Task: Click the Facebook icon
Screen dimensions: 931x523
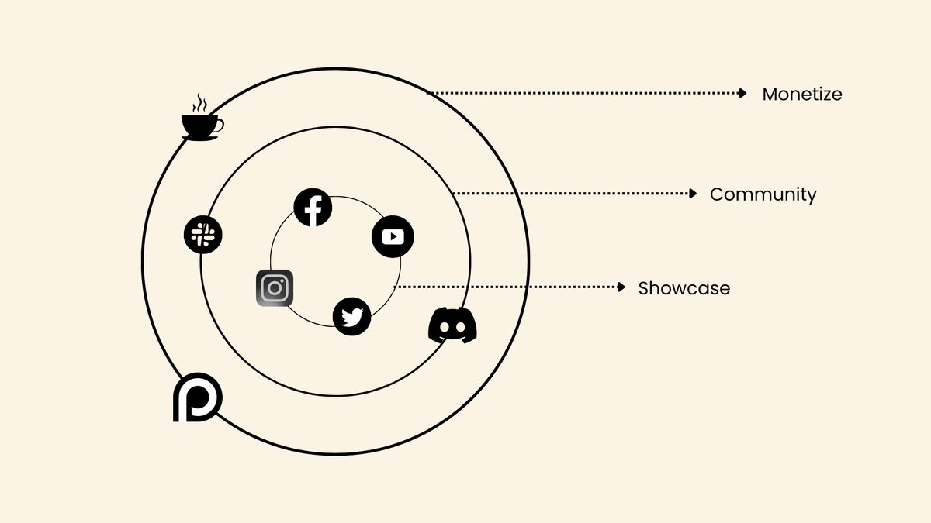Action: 313,207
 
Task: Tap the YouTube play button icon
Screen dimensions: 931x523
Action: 393,236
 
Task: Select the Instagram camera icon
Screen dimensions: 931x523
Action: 274,288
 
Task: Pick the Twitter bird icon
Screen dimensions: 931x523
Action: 351,317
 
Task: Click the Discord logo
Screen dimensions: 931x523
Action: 452,325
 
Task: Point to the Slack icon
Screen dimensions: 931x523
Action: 203,233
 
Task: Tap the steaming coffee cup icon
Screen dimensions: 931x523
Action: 201,124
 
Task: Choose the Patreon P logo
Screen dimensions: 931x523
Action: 197,398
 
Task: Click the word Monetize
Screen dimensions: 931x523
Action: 801,95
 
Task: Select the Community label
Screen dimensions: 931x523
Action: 763,194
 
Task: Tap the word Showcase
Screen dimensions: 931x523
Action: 684,288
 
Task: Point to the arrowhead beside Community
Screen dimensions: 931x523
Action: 694,193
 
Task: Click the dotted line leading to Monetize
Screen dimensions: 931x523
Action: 582,93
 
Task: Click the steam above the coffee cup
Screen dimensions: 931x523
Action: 200,102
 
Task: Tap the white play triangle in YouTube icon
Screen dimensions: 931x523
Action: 393,236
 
